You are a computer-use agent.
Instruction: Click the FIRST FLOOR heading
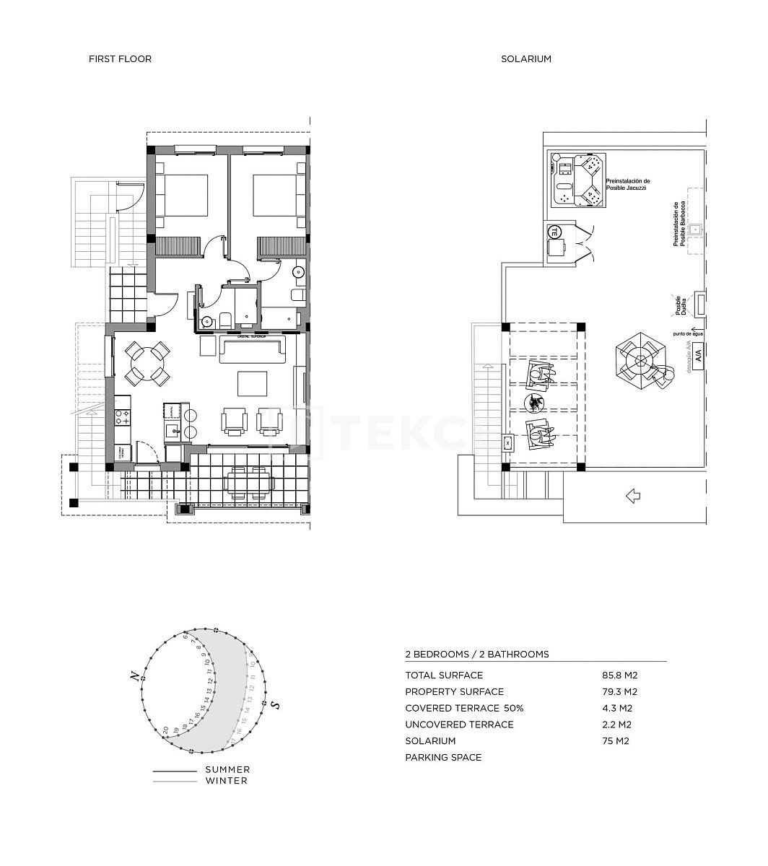click(x=120, y=59)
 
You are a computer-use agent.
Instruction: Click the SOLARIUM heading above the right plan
click(x=526, y=59)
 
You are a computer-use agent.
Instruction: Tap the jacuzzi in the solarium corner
click(x=577, y=180)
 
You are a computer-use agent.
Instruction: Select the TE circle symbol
click(x=554, y=232)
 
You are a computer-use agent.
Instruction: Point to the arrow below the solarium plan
click(x=633, y=496)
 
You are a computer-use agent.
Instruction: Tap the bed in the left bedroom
click(x=182, y=196)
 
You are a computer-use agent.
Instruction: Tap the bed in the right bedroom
click(x=277, y=196)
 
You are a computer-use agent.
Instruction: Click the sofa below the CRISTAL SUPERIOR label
click(x=253, y=351)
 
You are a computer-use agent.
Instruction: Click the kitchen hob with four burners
click(x=122, y=417)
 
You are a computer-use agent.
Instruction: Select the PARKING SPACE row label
click(x=443, y=758)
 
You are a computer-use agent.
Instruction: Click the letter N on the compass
click(x=134, y=676)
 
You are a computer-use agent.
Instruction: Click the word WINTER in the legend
click(x=226, y=781)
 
